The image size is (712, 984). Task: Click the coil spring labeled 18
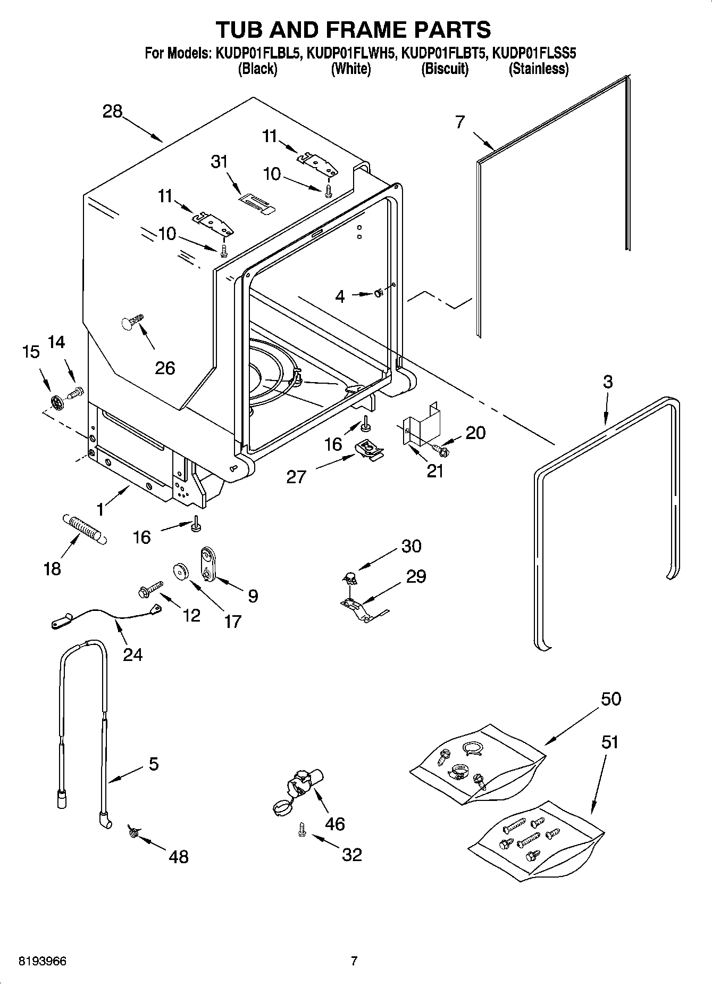pyautogui.click(x=85, y=528)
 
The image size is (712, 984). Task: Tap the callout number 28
pyautogui.click(x=112, y=112)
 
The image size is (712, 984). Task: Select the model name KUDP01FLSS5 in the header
pyautogui.click(x=534, y=53)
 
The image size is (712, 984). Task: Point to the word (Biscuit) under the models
pyautogui.click(x=445, y=69)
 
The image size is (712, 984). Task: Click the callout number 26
pyautogui.click(x=165, y=368)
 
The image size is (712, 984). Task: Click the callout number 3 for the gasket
pyautogui.click(x=607, y=382)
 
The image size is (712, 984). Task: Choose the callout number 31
pyautogui.click(x=219, y=161)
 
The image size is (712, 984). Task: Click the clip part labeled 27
pyautogui.click(x=369, y=448)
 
